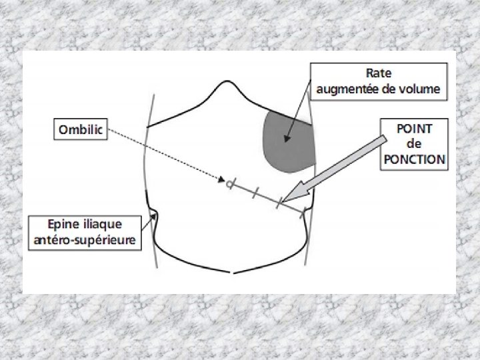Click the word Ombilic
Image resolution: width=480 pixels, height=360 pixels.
coord(81,130)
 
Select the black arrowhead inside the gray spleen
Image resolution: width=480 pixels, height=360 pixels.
coord(285,139)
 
